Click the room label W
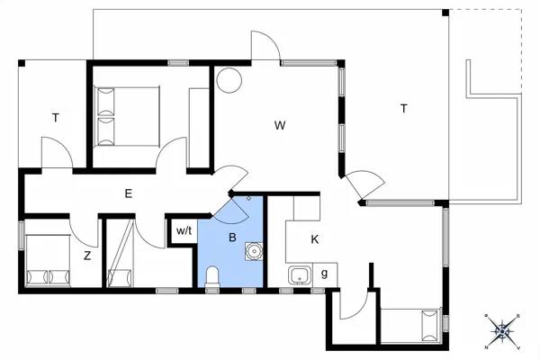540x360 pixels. (x=280, y=126)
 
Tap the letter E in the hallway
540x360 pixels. (x=129, y=193)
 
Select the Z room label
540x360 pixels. (x=87, y=256)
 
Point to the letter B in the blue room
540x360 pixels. (x=232, y=238)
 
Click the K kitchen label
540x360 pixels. (x=314, y=239)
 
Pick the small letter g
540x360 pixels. (x=323, y=274)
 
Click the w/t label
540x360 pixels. (x=184, y=231)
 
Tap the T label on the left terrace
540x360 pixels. (x=55, y=117)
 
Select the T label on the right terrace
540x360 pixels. (x=404, y=109)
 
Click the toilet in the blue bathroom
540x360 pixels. (x=212, y=277)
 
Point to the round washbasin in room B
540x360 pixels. (x=256, y=250)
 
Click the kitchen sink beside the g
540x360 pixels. (x=298, y=274)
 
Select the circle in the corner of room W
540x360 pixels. (x=228, y=79)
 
